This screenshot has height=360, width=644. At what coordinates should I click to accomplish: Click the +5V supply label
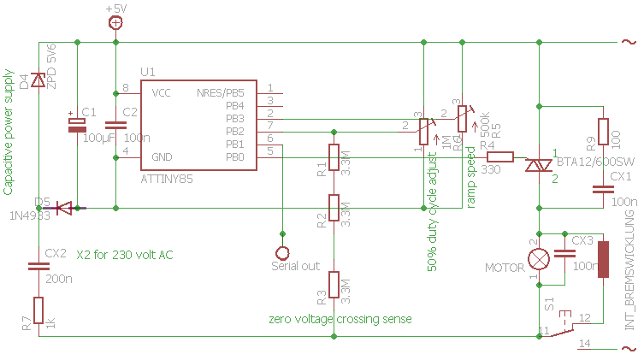click(115, 8)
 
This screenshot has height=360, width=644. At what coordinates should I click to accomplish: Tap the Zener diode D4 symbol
click(38, 80)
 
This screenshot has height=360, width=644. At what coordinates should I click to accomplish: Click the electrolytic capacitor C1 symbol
click(77, 125)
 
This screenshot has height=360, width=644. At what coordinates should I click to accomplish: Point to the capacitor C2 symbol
click(115, 126)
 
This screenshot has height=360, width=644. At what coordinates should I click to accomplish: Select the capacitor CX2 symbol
click(38, 266)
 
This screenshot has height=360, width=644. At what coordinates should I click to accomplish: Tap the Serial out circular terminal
click(282, 252)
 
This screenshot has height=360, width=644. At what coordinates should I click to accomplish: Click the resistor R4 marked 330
click(499, 157)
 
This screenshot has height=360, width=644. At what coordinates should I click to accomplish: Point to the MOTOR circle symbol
click(539, 257)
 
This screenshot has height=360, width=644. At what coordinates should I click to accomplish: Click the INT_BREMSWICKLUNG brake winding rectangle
click(604, 259)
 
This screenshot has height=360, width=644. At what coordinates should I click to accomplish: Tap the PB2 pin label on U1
click(234, 132)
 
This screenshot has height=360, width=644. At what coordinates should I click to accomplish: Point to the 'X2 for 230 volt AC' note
click(127, 255)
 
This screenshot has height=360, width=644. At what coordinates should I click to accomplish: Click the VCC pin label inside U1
click(162, 91)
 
